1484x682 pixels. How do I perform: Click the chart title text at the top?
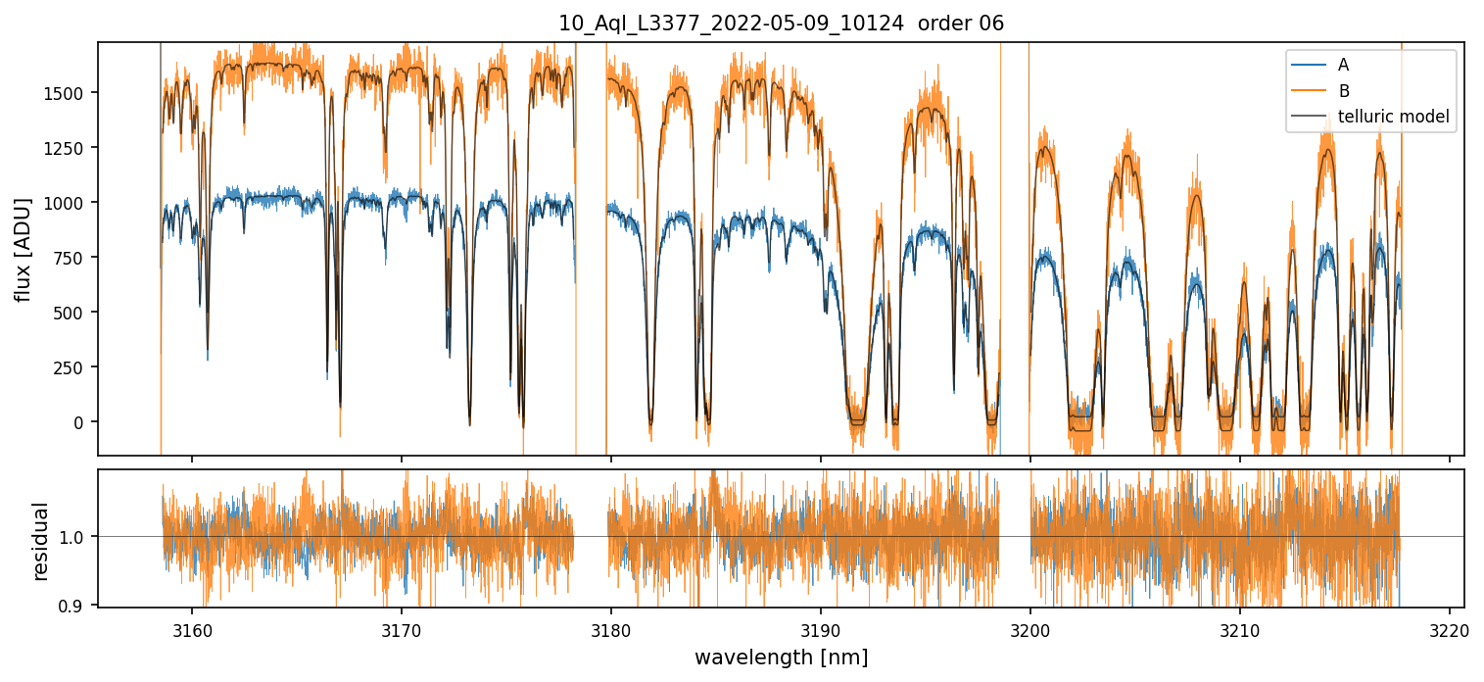[x=781, y=24]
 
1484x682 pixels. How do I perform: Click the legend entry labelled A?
[x=1343, y=65]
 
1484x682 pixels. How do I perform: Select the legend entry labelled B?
[x=1343, y=91]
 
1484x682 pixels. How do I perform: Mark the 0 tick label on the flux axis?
[x=83, y=422]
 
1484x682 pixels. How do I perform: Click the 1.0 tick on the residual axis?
[x=76, y=537]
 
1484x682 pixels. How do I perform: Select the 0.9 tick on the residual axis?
[x=76, y=606]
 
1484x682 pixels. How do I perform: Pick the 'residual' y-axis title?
[x=41, y=541]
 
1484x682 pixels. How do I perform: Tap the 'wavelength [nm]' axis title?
[x=781, y=657]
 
